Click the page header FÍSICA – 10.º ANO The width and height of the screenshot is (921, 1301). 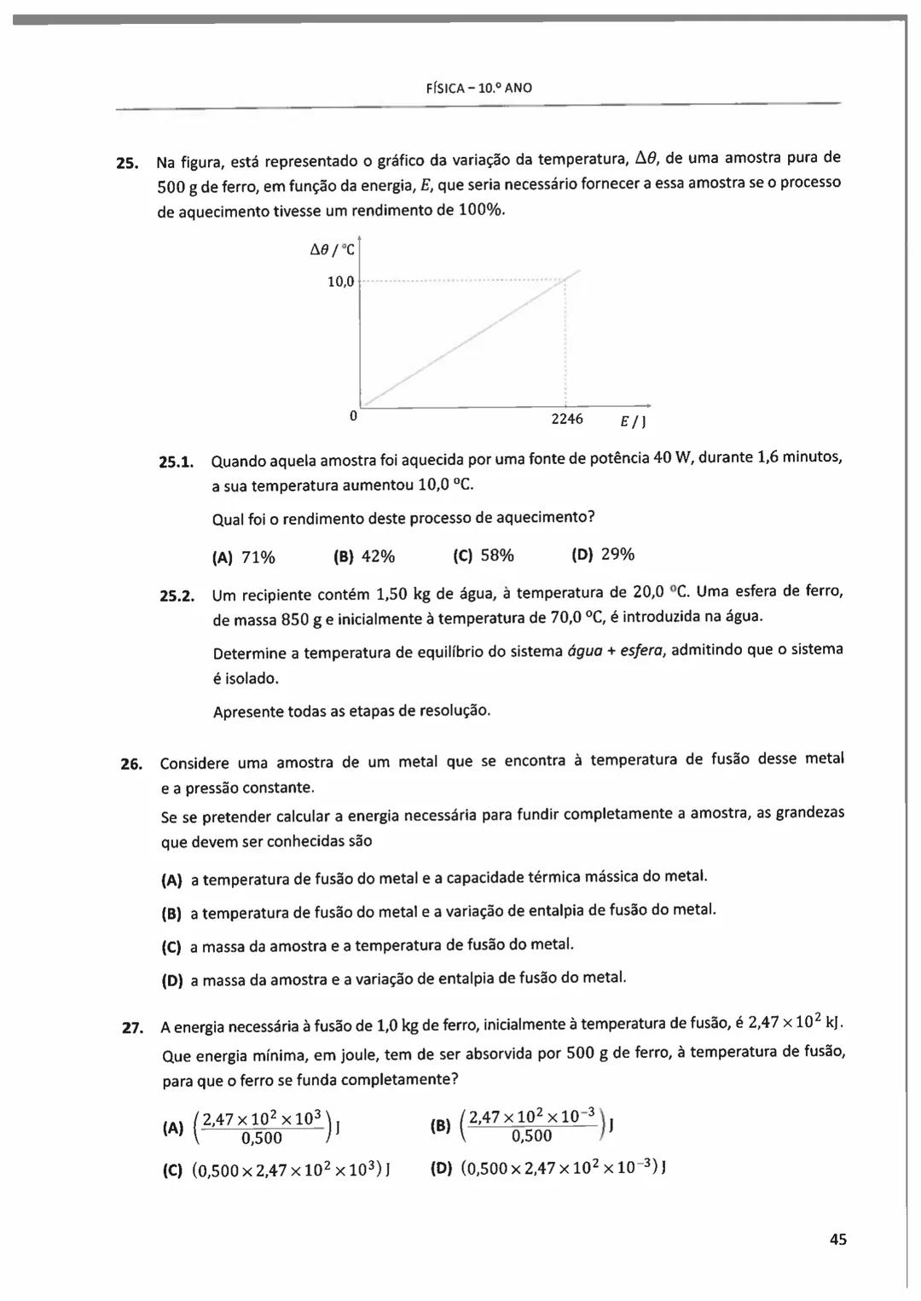coord(478,88)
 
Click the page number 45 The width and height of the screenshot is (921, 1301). coord(837,1240)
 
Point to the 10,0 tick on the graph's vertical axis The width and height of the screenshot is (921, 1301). coord(340,282)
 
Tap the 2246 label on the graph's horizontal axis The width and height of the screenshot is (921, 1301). coord(567,419)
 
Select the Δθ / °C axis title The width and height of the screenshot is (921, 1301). coord(333,251)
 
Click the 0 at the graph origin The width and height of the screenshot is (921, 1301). coord(352,416)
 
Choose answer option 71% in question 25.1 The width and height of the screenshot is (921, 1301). coord(258,557)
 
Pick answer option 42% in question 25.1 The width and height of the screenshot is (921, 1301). coord(378,556)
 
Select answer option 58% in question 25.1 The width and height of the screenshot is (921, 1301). coord(497,555)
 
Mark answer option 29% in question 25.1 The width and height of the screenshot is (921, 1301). coord(617,555)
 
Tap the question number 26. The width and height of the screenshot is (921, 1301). coord(130,764)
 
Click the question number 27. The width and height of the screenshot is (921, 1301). coord(132,1027)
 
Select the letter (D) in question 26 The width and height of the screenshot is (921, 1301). coord(172,981)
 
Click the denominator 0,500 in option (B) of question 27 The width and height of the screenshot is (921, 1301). coord(531,1135)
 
